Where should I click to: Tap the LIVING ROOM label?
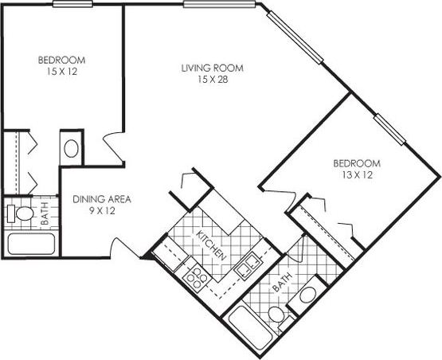point(211,68)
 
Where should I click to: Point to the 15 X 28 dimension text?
point(211,80)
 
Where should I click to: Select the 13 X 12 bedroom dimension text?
point(355,174)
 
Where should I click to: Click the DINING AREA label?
point(102,199)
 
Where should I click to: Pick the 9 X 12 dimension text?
point(102,212)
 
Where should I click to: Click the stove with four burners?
point(195,276)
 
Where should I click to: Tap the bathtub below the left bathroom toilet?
point(30,244)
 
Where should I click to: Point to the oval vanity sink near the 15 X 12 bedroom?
point(70,148)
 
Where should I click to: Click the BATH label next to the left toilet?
point(45,213)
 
